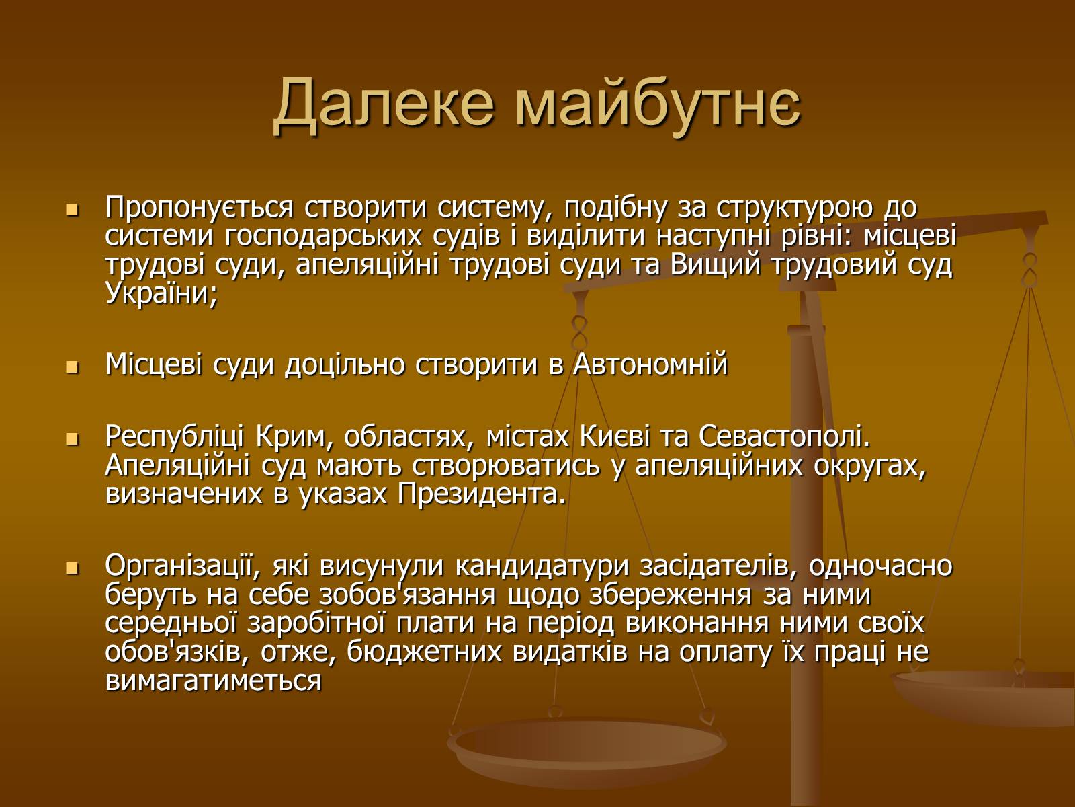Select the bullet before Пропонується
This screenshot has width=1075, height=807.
pyautogui.click(x=72, y=210)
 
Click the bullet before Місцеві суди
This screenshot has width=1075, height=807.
pyautogui.click(x=72, y=367)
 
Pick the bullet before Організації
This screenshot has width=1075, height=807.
pyautogui.click(x=72, y=568)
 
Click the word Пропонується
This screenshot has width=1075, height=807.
pyautogui.click(x=199, y=208)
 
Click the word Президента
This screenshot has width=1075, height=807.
pyautogui.click(x=482, y=494)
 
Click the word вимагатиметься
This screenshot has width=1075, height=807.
pyautogui.click(x=214, y=681)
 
